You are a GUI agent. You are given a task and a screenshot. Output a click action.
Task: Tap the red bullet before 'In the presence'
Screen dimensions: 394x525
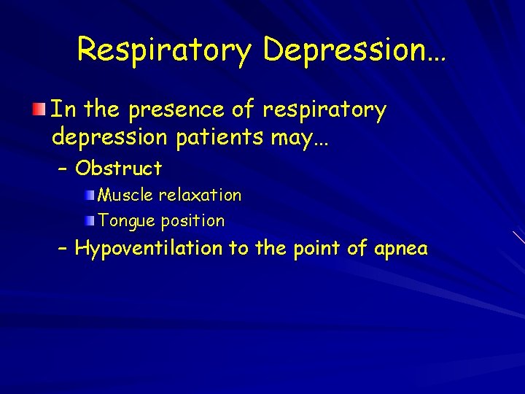click(38, 110)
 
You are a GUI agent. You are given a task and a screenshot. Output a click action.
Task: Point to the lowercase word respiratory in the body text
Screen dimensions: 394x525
click(324, 110)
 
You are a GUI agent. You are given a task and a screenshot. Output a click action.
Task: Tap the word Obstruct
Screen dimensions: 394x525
click(119, 169)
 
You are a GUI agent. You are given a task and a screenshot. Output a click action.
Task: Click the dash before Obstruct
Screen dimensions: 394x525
click(63, 169)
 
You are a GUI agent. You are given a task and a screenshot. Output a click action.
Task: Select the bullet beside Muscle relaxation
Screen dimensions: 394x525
click(90, 196)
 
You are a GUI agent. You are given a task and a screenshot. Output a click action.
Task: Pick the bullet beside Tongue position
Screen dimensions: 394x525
click(90, 220)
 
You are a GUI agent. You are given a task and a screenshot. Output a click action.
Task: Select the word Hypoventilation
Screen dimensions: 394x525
click(149, 249)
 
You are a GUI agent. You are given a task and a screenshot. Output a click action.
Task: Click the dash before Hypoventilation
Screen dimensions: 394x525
click(63, 250)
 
